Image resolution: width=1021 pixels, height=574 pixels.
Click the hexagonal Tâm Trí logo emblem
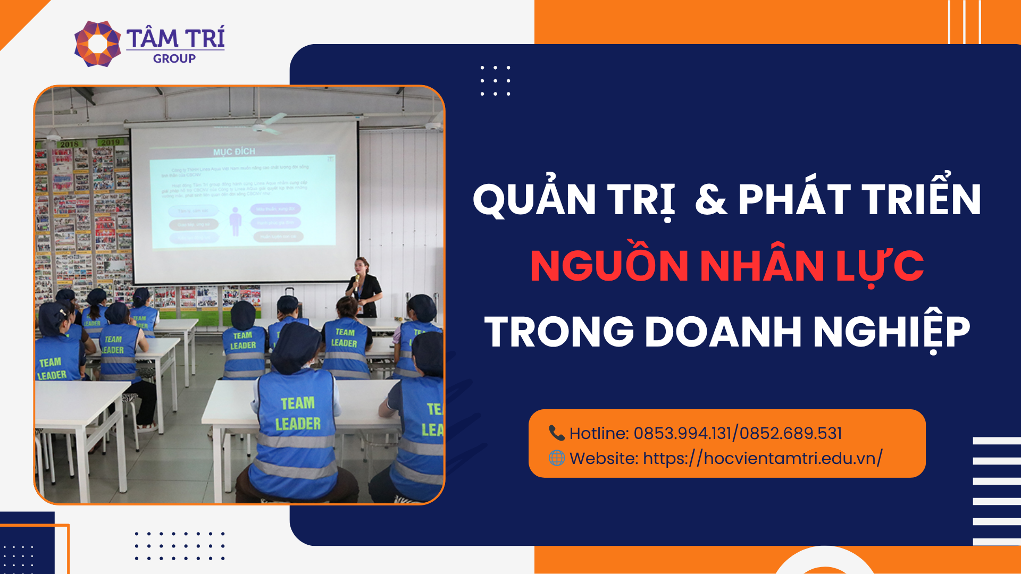point(97,44)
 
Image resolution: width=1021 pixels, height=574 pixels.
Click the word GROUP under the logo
point(174,59)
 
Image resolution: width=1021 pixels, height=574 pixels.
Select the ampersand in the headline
point(710,200)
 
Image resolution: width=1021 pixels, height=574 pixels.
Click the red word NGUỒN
point(609,265)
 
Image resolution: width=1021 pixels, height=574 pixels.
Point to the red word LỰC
point(880,265)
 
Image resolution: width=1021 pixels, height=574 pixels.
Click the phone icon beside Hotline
point(556,433)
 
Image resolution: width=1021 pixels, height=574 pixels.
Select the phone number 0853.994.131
point(682,433)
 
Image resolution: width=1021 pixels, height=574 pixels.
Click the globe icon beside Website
point(556,458)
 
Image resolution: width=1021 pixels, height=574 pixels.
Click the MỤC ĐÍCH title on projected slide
point(235,151)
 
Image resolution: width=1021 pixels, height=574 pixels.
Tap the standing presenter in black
point(364,287)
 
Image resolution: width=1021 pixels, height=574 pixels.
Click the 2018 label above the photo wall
point(69,144)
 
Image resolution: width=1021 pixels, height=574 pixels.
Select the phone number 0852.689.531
point(790,433)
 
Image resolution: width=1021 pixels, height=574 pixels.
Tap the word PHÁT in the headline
point(794,200)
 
